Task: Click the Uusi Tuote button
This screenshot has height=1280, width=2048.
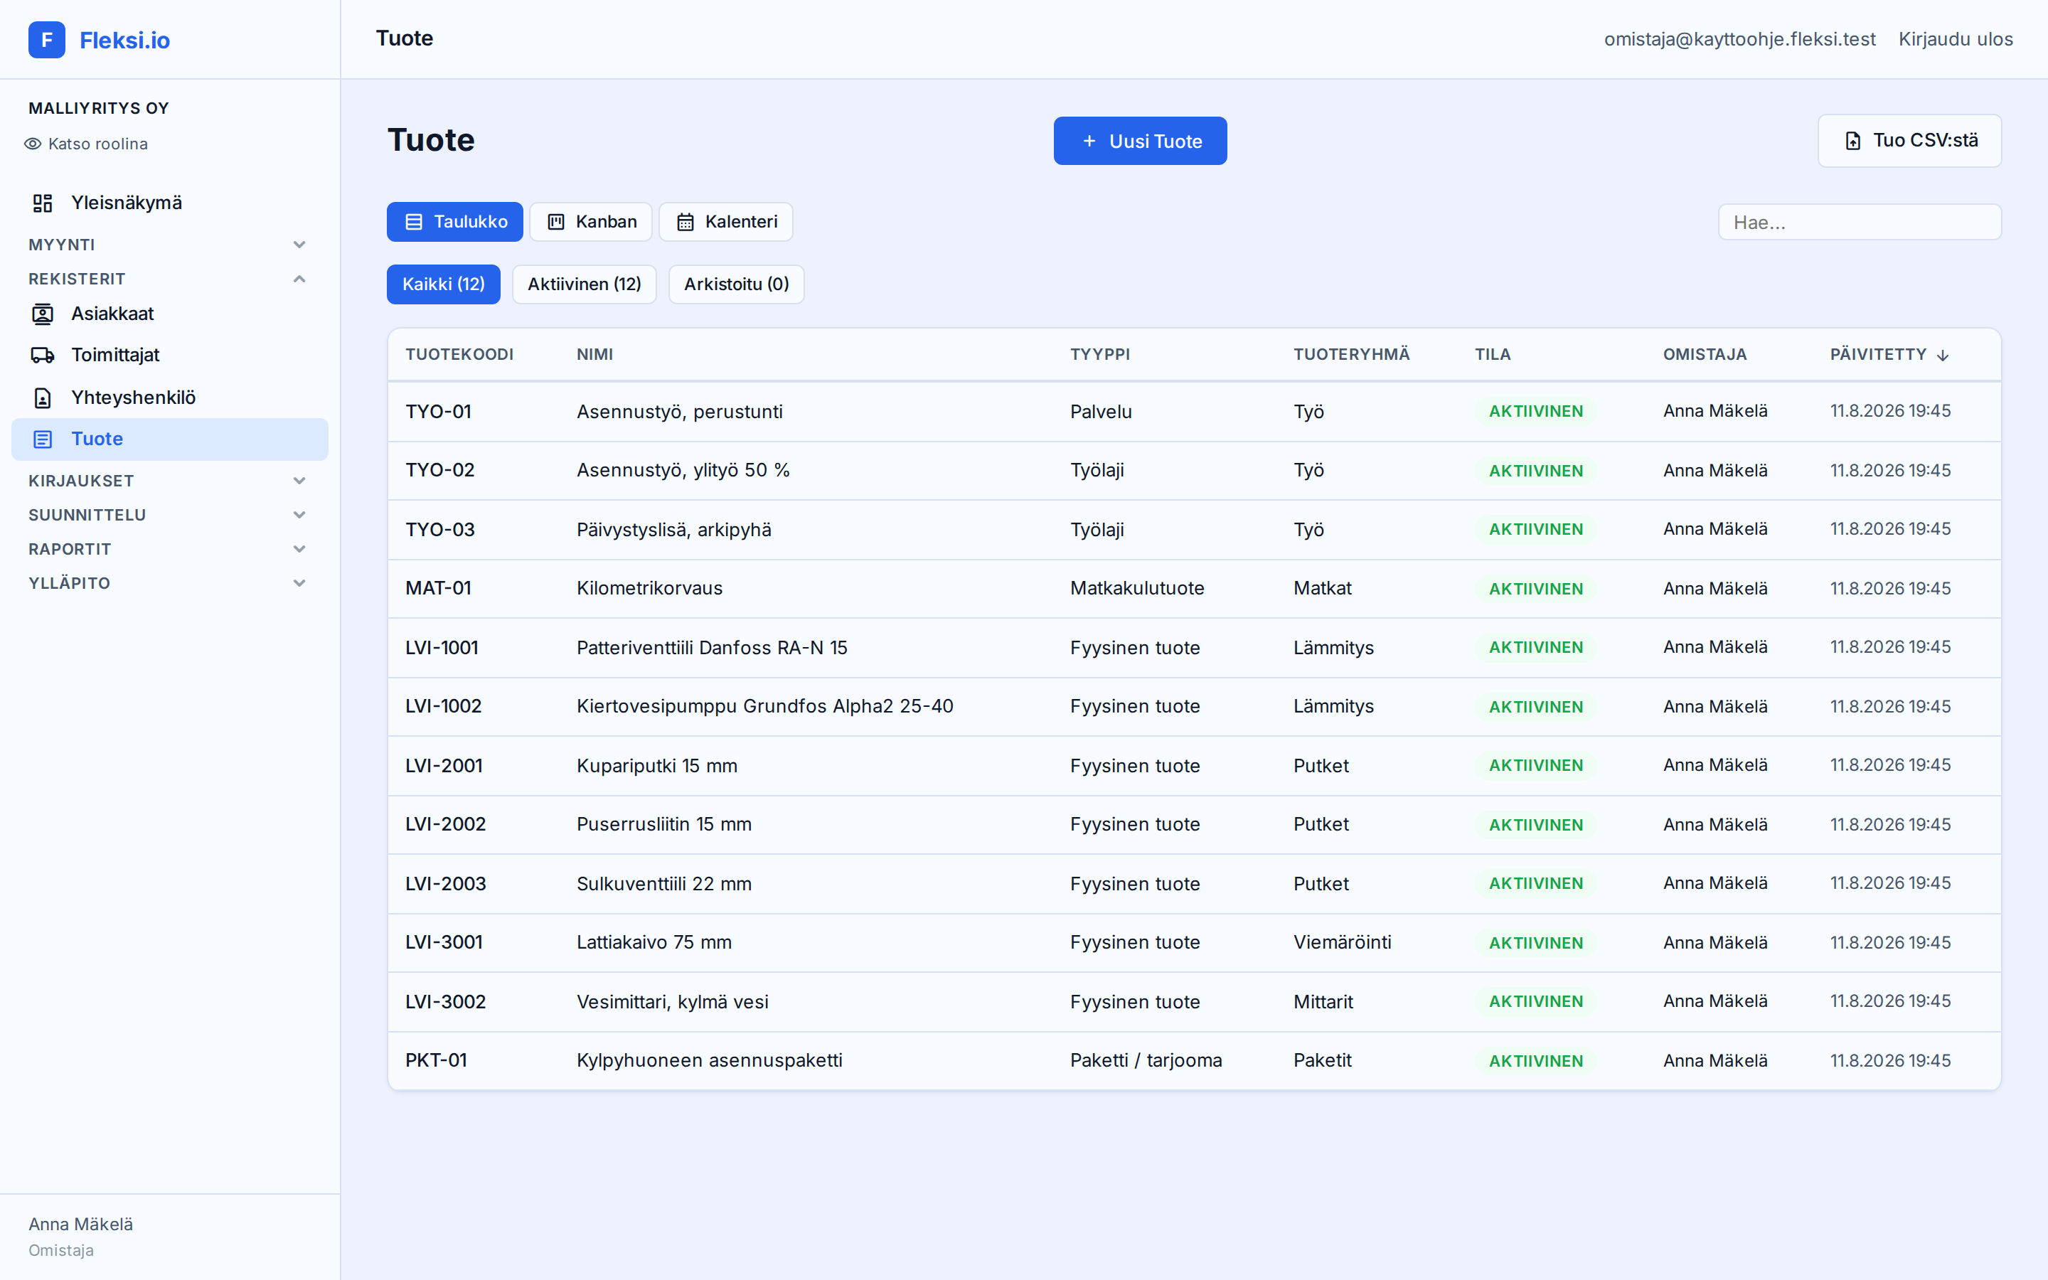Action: pos(1140,141)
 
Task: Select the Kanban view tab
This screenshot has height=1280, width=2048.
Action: pos(591,222)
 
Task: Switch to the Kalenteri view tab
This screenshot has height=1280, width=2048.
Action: pos(726,222)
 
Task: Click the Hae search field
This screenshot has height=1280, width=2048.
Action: pos(1860,222)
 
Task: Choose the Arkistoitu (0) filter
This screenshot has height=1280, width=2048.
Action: pos(736,284)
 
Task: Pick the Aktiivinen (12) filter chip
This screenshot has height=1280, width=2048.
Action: pos(584,284)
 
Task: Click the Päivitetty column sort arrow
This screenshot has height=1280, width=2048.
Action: pos(1943,355)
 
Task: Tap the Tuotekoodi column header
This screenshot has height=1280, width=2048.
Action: pos(459,354)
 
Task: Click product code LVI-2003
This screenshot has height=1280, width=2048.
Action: pos(445,883)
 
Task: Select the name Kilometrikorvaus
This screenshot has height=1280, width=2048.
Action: pos(649,587)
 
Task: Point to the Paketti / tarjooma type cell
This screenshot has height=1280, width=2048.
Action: pos(1146,1060)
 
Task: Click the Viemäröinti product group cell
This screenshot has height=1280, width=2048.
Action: pos(1342,942)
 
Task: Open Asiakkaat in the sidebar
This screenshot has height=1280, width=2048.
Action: pos(112,313)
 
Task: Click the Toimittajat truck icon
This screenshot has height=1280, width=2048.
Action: pos(43,355)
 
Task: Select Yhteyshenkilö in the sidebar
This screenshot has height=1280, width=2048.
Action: pos(133,397)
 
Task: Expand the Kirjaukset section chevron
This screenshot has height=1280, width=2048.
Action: pos(299,481)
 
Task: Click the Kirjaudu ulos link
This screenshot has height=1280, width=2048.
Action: pos(1955,39)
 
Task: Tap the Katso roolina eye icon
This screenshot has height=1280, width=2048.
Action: pos(33,144)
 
